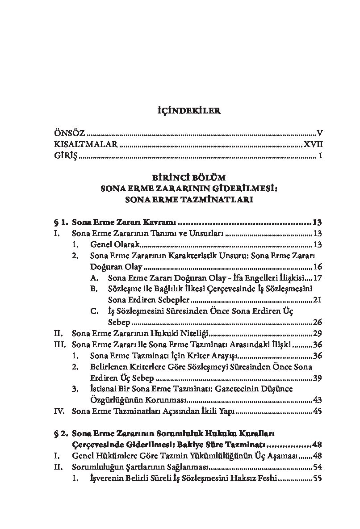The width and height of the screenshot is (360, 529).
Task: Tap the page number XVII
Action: (x=313, y=144)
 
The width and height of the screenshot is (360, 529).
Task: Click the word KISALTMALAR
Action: (x=86, y=144)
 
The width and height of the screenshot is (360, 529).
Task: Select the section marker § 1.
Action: (x=60, y=222)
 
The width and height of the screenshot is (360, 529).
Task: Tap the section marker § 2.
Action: (x=60, y=433)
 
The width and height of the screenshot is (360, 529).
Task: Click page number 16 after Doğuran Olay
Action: (x=318, y=267)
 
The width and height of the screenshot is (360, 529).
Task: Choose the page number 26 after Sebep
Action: (x=318, y=322)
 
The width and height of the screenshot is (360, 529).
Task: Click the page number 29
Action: (x=318, y=333)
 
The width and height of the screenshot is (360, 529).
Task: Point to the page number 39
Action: (x=318, y=378)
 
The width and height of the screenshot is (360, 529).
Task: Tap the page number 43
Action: (x=318, y=400)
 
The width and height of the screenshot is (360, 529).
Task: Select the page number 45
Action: (x=318, y=411)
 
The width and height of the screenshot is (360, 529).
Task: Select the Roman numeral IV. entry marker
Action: (x=59, y=411)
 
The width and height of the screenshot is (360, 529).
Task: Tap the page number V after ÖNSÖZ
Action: (x=319, y=133)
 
